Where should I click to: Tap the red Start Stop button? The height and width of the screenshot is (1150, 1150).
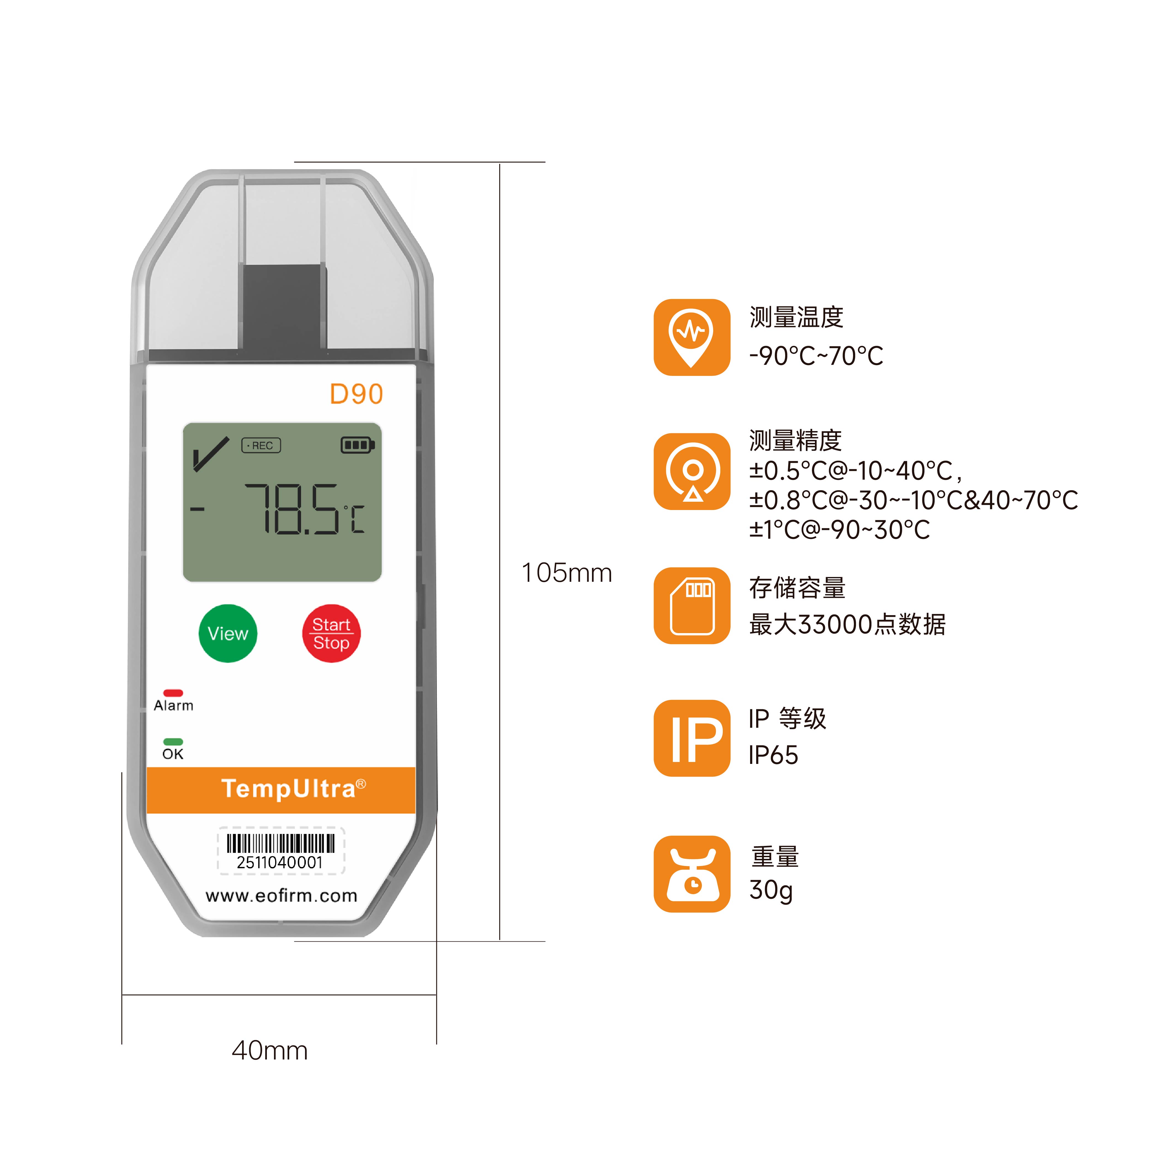(331, 633)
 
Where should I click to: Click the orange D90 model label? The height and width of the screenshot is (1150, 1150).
(356, 394)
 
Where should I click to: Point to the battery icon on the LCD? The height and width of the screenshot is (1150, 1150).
(357, 445)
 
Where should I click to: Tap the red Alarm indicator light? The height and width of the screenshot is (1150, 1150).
(173, 693)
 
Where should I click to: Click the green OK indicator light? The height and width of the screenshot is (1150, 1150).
(173, 742)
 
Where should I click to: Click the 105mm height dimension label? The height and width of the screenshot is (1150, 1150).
(567, 573)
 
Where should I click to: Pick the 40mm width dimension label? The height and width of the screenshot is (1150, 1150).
(270, 1051)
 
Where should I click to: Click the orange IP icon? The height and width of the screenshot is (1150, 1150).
(692, 738)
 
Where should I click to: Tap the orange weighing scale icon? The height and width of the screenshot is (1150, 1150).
(692, 874)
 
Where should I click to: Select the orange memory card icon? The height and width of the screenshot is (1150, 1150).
(692, 605)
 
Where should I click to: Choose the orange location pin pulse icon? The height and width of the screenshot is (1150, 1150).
(692, 337)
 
